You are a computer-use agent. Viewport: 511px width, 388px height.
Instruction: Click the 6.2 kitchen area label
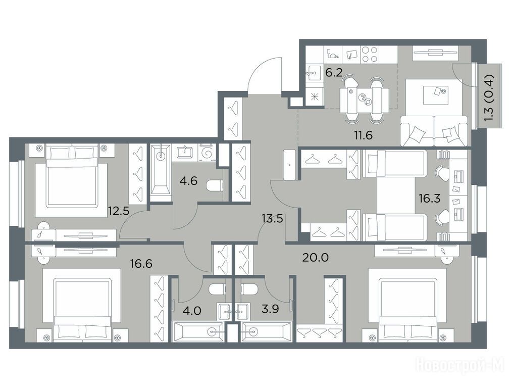coord(334,72)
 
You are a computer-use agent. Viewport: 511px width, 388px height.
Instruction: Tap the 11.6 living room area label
coord(364,135)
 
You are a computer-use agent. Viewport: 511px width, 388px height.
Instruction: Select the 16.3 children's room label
coord(430,198)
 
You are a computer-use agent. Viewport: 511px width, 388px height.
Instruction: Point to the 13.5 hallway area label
coord(272,218)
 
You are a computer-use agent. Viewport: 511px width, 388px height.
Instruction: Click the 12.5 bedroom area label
coord(119,211)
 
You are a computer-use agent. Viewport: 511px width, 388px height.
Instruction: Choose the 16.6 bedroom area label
coord(141,263)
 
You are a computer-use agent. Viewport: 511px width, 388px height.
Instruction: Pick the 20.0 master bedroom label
coord(315,258)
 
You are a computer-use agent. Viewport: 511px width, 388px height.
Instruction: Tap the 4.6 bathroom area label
coord(188,180)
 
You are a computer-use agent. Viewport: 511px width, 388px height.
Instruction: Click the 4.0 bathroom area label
coord(192,310)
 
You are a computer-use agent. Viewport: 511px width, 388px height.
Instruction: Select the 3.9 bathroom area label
coord(271,309)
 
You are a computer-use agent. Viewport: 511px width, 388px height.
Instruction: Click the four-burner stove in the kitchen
coord(370,55)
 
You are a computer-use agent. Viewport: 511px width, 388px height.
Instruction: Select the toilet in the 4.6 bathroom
coord(215,186)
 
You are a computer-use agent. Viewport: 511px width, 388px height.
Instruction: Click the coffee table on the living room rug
coord(435,95)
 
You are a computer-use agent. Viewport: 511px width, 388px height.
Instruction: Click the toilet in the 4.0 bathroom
coord(217,289)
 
